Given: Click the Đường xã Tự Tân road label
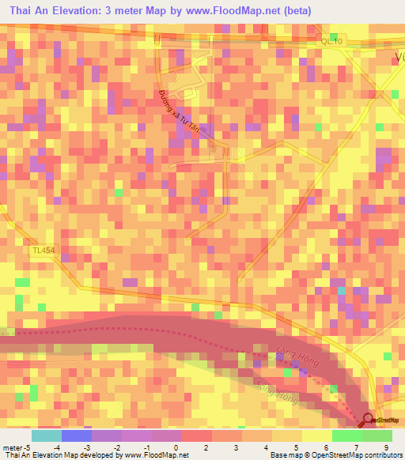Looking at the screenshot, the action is pyautogui.click(x=181, y=113).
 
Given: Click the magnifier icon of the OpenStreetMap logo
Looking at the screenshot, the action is pyautogui.click(x=368, y=420).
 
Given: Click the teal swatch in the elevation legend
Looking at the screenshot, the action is pyautogui.click(x=47, y=435).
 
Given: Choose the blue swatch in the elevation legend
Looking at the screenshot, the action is pyautogui.click(x=77, y=435).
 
